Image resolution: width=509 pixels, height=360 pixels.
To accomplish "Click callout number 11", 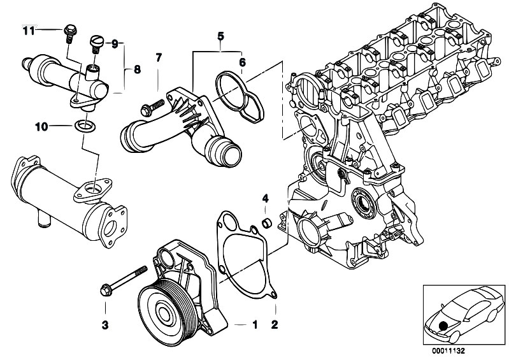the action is (29, 31).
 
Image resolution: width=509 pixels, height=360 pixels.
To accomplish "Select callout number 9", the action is (115, 44).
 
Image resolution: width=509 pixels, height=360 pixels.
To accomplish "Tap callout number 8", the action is (137, 69).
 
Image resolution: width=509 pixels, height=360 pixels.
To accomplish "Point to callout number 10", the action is (41, 127).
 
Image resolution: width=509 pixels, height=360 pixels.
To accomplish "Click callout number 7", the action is (158, 58).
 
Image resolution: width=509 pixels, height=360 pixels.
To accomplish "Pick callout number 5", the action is (221, 36).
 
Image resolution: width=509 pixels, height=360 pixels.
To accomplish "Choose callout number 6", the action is (243, 62).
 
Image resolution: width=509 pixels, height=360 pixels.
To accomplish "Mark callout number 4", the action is (266, 198).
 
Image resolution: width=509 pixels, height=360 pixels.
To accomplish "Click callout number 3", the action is (105, 325).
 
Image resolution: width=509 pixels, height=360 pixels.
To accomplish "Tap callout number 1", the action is (255, 324).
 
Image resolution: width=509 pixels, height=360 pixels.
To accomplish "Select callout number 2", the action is (275, 324).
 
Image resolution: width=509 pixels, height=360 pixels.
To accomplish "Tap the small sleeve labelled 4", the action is (267, 224).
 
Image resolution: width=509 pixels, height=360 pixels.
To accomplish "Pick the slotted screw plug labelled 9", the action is (96, 45).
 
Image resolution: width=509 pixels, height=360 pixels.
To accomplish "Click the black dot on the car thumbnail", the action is (443, 326).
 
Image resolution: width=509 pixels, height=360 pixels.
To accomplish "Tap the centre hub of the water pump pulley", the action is (164, 313).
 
